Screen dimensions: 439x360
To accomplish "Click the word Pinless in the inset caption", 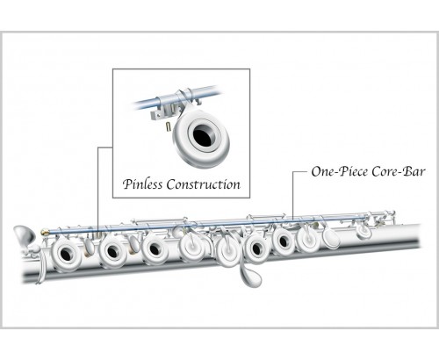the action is point(142,184).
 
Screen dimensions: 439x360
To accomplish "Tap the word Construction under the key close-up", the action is point(204,184).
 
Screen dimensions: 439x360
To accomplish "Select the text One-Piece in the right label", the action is point(340,171).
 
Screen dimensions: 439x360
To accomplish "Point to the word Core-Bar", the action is point(398,171).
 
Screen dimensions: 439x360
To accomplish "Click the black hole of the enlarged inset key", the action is point(204,134).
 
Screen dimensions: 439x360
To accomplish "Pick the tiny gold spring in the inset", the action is point(168,126).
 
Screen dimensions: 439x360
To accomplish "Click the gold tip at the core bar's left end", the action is point(45,233).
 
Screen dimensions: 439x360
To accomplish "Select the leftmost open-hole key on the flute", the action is point(66,253).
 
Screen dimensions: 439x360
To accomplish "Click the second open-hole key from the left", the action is point(112,251).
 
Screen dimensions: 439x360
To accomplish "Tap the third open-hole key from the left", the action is point(155,249).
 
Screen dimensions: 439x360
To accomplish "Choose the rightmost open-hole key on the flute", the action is point(283,241).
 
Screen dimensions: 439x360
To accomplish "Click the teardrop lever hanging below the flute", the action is point(249,275).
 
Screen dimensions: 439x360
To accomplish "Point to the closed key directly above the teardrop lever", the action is point(229,250).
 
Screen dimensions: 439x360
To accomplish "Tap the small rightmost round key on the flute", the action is point(363,230).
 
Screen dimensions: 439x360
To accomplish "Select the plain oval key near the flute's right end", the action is point(331,237).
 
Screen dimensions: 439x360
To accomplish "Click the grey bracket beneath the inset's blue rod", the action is point(163,112).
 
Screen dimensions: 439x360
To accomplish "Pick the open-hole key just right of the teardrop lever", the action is point(256,248).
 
